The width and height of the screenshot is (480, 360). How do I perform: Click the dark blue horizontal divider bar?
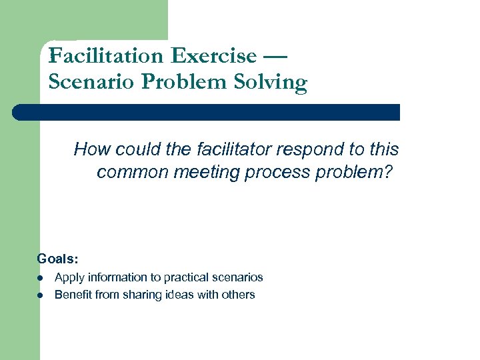pyautogui.click(x=207, y=112)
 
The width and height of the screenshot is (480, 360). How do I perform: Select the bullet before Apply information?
pyautogui.click(x=40, y=277)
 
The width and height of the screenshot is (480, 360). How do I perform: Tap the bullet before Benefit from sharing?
pyautogui.click(x=40, y=295)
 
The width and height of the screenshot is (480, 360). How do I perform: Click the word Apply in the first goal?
pyautogui.click(x=67, y=277)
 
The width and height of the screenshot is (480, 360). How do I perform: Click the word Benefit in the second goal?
pyautogui.click(x=73, y=295)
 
